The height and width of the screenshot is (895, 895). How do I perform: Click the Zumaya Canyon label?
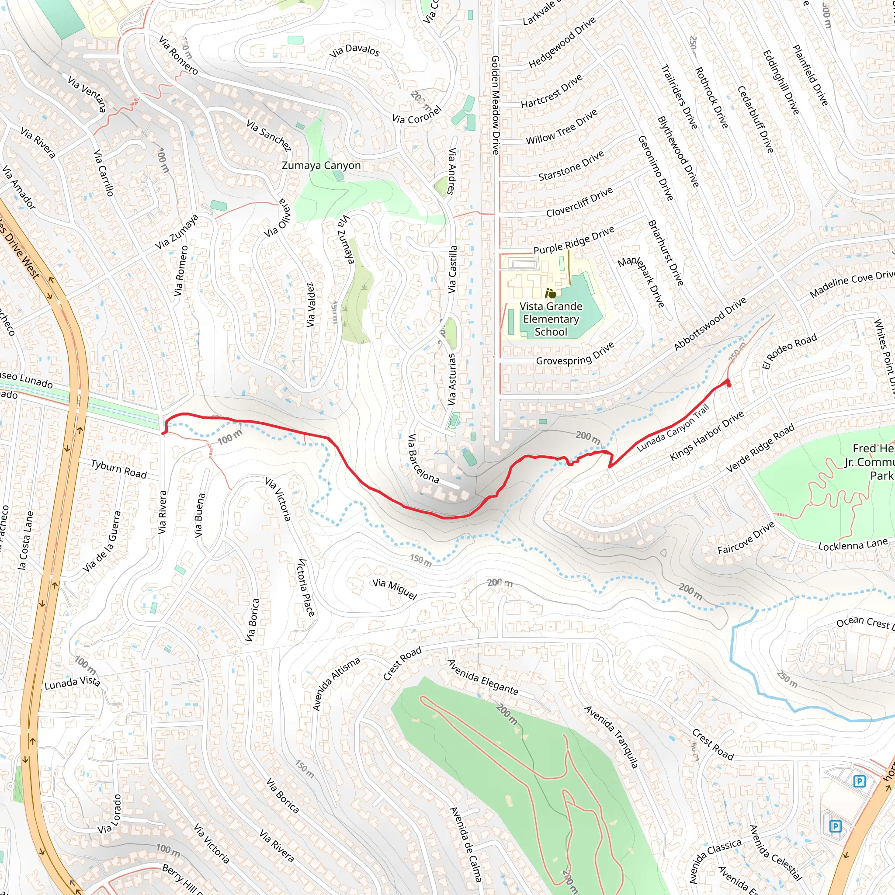(x=321, y=165)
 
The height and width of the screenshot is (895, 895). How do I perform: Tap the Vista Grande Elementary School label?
(x=551, y=319)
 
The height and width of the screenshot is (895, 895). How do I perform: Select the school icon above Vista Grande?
(x=551, y=293)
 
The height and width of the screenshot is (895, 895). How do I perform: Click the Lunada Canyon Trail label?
(x=673, y=428)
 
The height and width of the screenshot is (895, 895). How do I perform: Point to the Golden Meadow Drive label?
(x=495, y=105)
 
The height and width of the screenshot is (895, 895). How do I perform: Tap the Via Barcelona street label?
(x=423, y=458)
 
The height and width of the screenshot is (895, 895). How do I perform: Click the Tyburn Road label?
(x=118, y=469)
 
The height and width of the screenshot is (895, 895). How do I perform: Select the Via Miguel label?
(x=395, y=589)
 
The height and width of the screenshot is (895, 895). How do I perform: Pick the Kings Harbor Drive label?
(x=707, y=435)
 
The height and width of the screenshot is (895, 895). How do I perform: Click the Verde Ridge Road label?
(x=760, y=448)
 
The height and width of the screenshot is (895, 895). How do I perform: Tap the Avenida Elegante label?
(x=482, y=678)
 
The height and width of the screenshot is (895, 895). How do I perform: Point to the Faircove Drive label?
(x=746, y=538)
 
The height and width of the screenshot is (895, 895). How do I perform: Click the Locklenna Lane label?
(x=852, y=545)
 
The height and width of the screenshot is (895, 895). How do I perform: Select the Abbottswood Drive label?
(x=710, y=324)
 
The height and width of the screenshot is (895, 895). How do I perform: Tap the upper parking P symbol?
(x=859, y=781)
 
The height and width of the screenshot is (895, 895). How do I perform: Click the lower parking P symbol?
(x=835, y=826)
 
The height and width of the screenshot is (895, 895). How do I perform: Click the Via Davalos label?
(x=354, y=50)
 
